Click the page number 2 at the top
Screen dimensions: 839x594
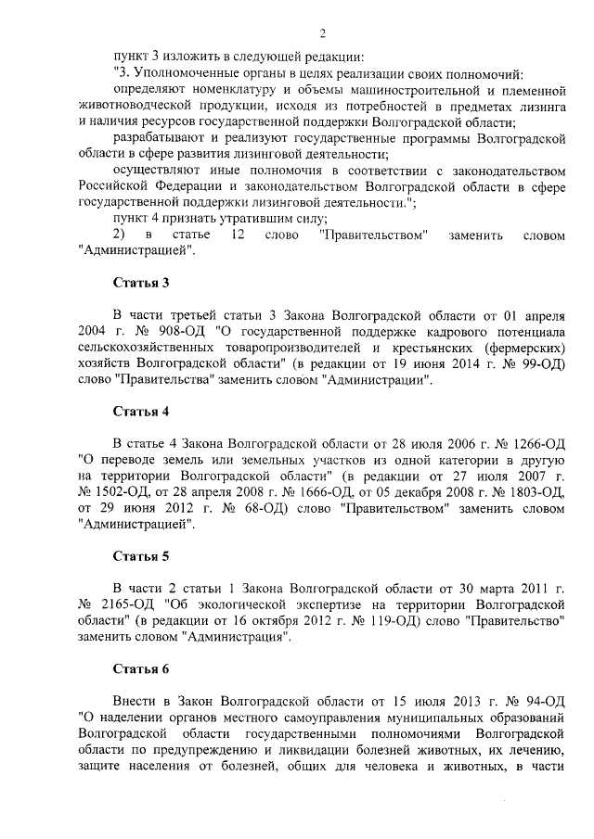point(322,34)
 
